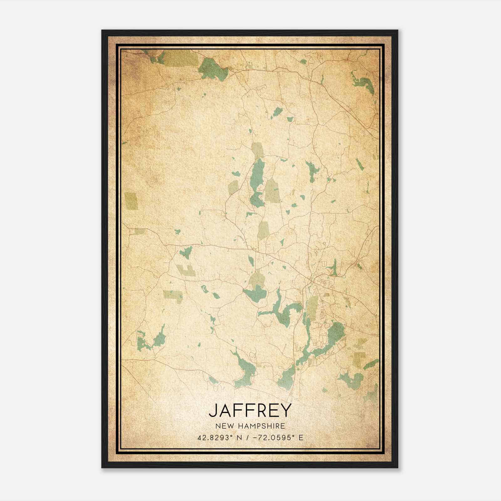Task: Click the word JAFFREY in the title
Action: coord(250,411)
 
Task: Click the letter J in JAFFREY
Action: coord(213,411)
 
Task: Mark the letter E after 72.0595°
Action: coord(301,438)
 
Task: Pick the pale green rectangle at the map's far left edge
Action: coord(131,201)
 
